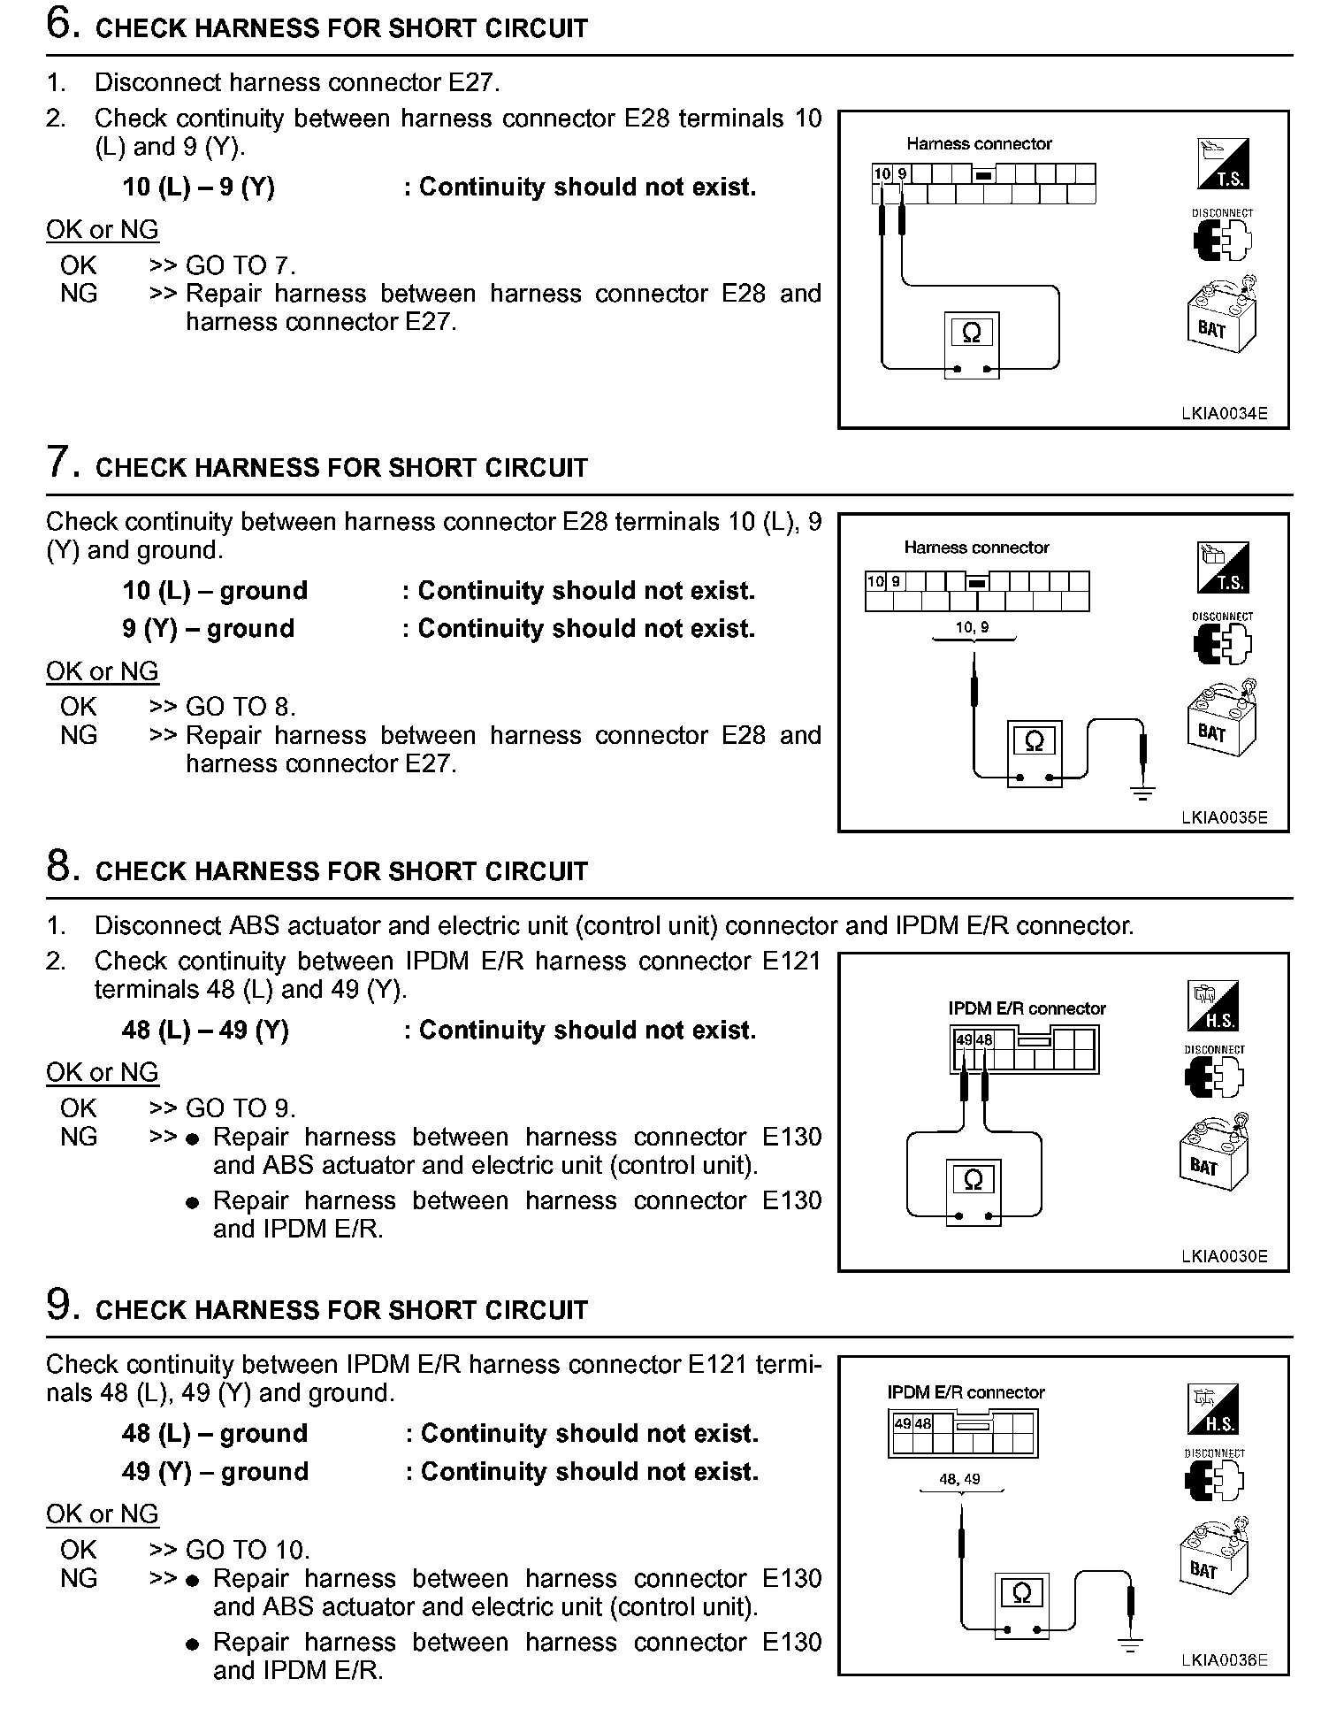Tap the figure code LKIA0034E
coord(1224,413)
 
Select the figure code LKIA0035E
coord(1224,817)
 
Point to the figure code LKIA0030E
coord(1224,1256)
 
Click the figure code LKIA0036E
coord(1224,1660)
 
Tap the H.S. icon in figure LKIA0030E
coord(1211,1006)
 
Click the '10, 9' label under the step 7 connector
coord(973,627)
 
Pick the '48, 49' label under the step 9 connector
coord(959,1479)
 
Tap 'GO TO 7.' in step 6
coord(241,265)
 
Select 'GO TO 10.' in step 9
coord(248,1550)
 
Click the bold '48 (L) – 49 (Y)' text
coord(205,1031)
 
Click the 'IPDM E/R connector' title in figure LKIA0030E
coord(1027,1008)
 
